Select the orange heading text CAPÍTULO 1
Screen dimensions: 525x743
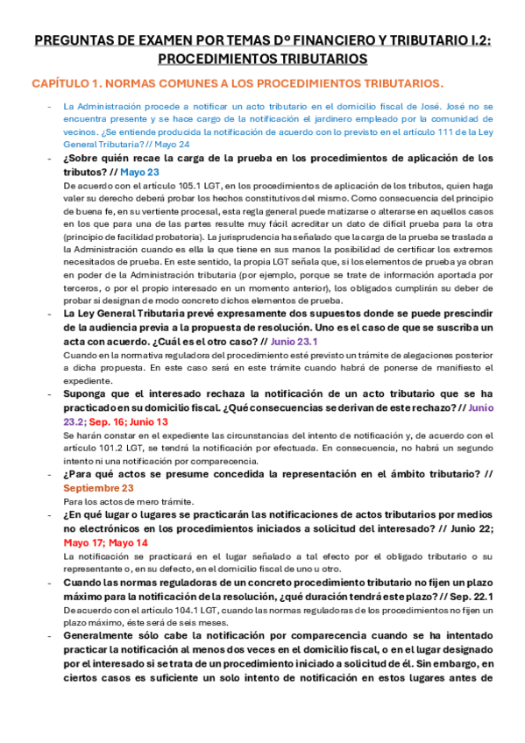tap(67, 83)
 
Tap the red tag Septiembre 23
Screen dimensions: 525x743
tap(99, 487)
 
